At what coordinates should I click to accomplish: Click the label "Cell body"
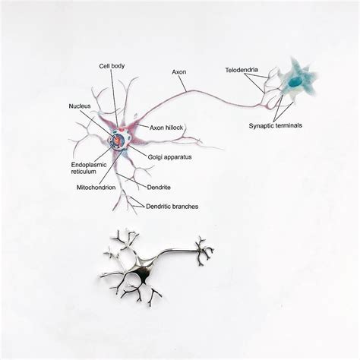tap(112, 66)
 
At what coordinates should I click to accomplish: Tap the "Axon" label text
tap(179, 72)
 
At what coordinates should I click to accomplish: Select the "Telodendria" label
tap(242, 70)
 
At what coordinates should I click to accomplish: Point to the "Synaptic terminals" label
tap(276, 125)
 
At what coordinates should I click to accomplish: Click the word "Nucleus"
tap(80, 106)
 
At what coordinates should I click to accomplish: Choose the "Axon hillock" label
tap(166, 128)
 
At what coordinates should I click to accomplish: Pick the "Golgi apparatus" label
tap(169, 157)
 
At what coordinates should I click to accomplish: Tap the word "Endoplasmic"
tap(89, 165)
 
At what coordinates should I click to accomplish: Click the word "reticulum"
tap(84, 172)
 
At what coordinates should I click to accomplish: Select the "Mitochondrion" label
tap(96, 188)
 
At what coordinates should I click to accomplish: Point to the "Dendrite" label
tap(159, 188)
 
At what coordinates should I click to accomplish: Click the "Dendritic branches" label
tap(172, 207)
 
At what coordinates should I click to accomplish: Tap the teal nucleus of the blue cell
tap(295, 82)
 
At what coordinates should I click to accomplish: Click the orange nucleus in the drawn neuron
tap(117, 140)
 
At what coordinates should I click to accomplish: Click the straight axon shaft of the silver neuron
tap(178, 251)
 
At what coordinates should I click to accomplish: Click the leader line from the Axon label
tap(182, 84)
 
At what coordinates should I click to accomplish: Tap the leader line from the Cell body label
tap(115, 98)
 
